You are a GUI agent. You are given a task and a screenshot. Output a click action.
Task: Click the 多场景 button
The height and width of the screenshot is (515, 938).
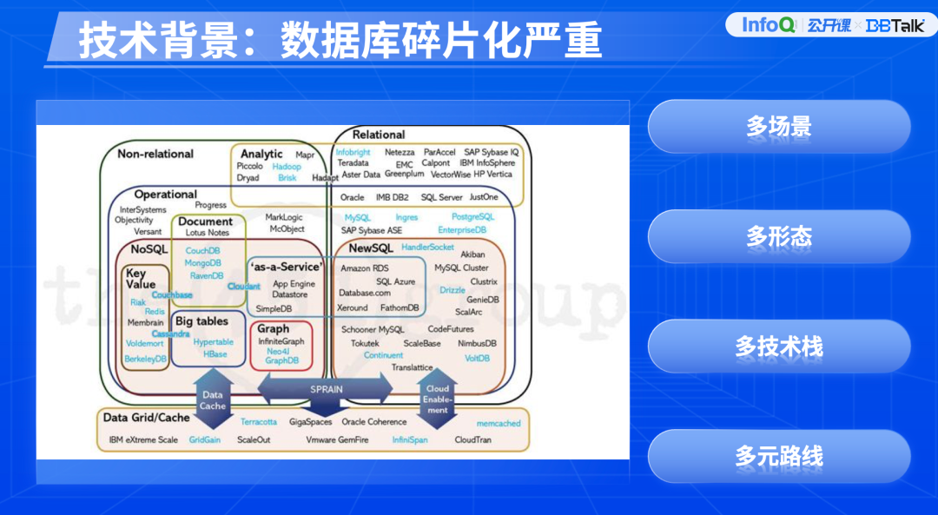778,127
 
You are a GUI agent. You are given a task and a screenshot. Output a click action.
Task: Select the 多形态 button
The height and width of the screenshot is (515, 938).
778,236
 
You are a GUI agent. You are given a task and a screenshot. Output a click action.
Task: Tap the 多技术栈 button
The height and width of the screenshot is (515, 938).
778,347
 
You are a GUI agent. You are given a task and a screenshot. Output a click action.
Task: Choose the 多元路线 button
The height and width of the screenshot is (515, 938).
778,456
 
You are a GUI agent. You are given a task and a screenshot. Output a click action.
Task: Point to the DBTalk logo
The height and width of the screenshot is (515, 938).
895,26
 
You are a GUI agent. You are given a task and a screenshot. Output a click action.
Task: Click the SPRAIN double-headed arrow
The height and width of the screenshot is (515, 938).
326,388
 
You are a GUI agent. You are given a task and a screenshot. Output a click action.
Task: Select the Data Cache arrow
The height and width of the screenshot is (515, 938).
212,399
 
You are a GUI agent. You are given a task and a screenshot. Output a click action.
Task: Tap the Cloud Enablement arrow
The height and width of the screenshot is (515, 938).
437,399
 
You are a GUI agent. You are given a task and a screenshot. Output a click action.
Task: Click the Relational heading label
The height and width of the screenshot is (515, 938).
379,135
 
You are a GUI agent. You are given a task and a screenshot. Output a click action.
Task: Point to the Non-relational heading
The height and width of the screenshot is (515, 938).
155,154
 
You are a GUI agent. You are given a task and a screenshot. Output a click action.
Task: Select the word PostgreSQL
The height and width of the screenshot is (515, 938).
472,216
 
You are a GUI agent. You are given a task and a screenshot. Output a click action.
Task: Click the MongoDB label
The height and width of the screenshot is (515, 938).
203,262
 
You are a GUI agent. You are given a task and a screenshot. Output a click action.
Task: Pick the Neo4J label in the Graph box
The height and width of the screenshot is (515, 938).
279,351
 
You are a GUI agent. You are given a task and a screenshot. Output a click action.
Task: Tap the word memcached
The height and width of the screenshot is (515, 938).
499,423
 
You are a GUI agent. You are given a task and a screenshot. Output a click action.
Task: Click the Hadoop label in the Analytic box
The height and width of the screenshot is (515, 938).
287,166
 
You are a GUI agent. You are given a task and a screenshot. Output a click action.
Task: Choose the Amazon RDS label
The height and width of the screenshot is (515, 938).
365,268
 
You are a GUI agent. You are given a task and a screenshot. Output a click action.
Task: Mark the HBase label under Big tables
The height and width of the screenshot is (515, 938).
215,354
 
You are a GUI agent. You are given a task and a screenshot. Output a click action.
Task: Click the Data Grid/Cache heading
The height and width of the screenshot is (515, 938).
146,418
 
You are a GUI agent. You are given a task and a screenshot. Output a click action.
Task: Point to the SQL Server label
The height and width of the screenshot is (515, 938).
442,197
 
